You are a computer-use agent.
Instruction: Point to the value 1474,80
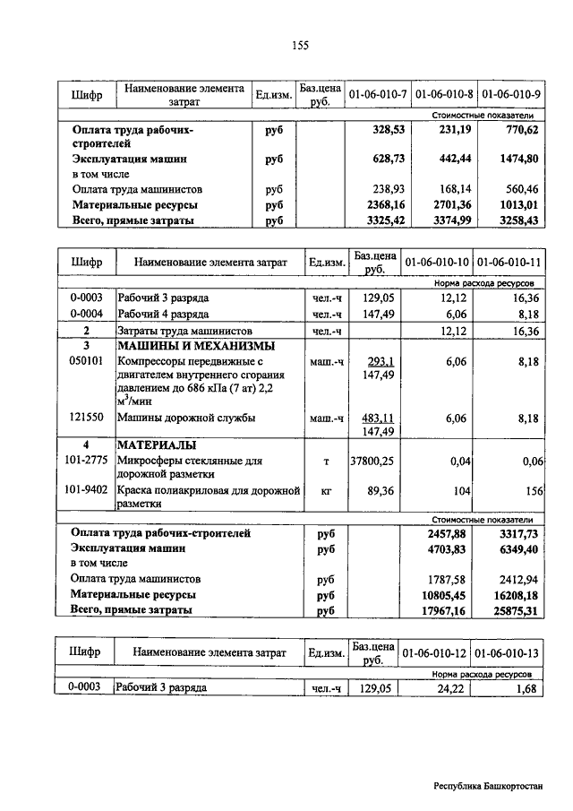coord(519,159)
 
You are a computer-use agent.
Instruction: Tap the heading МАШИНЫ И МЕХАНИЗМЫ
coord(196,346)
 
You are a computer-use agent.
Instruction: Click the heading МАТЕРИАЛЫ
coord(158,445)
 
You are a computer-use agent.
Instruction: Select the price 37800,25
coord(372,461)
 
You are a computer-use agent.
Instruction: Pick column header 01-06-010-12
coord(437,653)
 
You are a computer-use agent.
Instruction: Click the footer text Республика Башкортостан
coord(488,785)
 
